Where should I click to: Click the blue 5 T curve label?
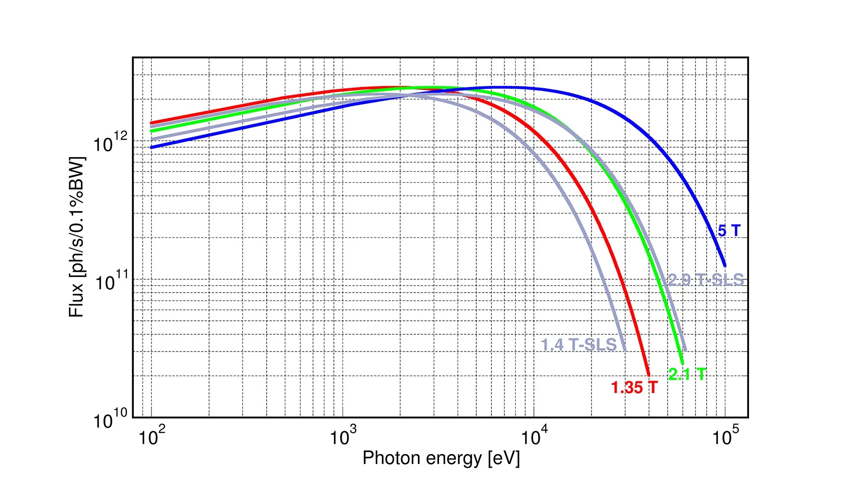click(x=729, y=230)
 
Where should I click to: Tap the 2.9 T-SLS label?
click(x=706, y=280)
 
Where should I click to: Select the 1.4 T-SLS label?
click(x=579, y=345)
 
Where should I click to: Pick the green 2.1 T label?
click(x=687, y=374)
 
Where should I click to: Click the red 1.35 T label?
click(x=634, y=387)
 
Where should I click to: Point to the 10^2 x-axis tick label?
click(x=152, y=436)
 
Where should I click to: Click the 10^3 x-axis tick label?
click(x=343, y=436)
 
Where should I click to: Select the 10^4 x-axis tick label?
click(x=534, y=436)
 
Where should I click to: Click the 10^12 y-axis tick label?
click(x=110, y=142)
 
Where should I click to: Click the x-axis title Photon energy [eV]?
click(x=441, y=458)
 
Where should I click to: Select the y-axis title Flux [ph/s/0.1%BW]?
click(x=77, y=237)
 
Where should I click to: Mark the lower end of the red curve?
click(x=648, y=374)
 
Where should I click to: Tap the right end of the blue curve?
click(x=724, y=265)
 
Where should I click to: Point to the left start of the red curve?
click(x=151, y=123)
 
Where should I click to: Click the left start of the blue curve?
click(x=151, y=148)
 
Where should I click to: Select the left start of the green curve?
click(x=151, y=131)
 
